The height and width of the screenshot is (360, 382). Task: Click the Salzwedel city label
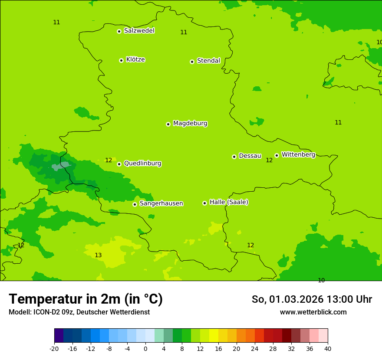point(139,31)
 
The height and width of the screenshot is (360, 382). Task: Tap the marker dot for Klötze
point(121,60)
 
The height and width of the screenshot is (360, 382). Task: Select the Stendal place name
point(208,61)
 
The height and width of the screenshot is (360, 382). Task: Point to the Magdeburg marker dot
point(168,124)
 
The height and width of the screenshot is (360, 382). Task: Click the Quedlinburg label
point(142,164)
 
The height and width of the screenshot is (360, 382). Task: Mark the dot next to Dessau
point(234,157)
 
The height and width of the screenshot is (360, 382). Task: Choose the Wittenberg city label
point(298,154)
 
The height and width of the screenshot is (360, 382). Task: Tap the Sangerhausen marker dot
point(135,204)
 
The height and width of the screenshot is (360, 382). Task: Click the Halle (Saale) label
point(229,202)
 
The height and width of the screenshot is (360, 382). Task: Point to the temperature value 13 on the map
point(98,255)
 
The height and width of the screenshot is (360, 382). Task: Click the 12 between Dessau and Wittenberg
point(269,160)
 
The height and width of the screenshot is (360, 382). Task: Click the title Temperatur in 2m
point(86,299)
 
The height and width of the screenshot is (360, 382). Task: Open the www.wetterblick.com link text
point(313,312)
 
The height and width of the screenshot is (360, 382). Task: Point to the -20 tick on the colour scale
point(54,348)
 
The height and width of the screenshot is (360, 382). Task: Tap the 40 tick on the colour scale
point(328,348)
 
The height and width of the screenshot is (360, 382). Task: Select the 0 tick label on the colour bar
point(145,348)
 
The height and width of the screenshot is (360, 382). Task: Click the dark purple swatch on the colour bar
point(59,336)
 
